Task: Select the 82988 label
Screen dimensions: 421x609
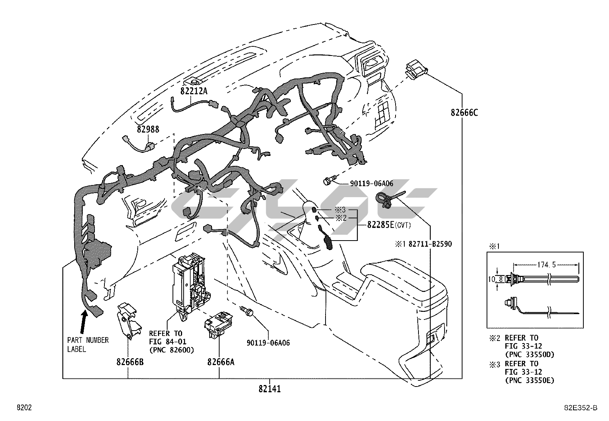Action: tap(148, 129)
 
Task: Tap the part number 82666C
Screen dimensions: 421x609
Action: tap(464, 113)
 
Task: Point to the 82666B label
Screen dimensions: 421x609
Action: tap(130, 361)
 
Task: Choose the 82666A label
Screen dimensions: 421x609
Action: tap(221, 361)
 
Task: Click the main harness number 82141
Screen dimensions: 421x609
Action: tap(269, 389)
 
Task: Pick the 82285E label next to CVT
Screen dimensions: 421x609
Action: tap(381, 225)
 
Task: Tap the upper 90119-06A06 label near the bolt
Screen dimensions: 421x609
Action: tap(371, 184)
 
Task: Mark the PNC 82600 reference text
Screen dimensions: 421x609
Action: tap(171, 350)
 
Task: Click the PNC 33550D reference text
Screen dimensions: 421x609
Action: tap(529, 355)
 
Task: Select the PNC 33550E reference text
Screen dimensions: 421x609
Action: tap(529, 380)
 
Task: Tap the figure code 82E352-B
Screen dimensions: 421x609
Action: tap(582, 408)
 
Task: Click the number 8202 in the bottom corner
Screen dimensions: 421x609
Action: tap(24, 408)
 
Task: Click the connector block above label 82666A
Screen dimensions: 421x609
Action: tap(218, 324)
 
